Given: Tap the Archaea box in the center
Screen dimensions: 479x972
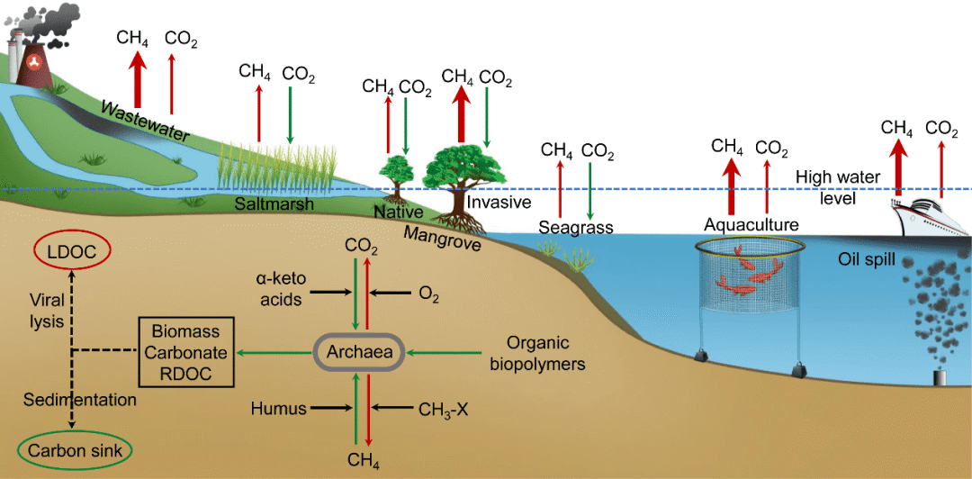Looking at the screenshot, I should point(358,352).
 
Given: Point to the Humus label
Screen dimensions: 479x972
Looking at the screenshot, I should point(277,408).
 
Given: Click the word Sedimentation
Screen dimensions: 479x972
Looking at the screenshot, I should point(79,399).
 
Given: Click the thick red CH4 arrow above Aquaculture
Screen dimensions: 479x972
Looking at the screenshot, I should point(730,181).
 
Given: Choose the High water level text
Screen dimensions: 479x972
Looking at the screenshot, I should point(837,186).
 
